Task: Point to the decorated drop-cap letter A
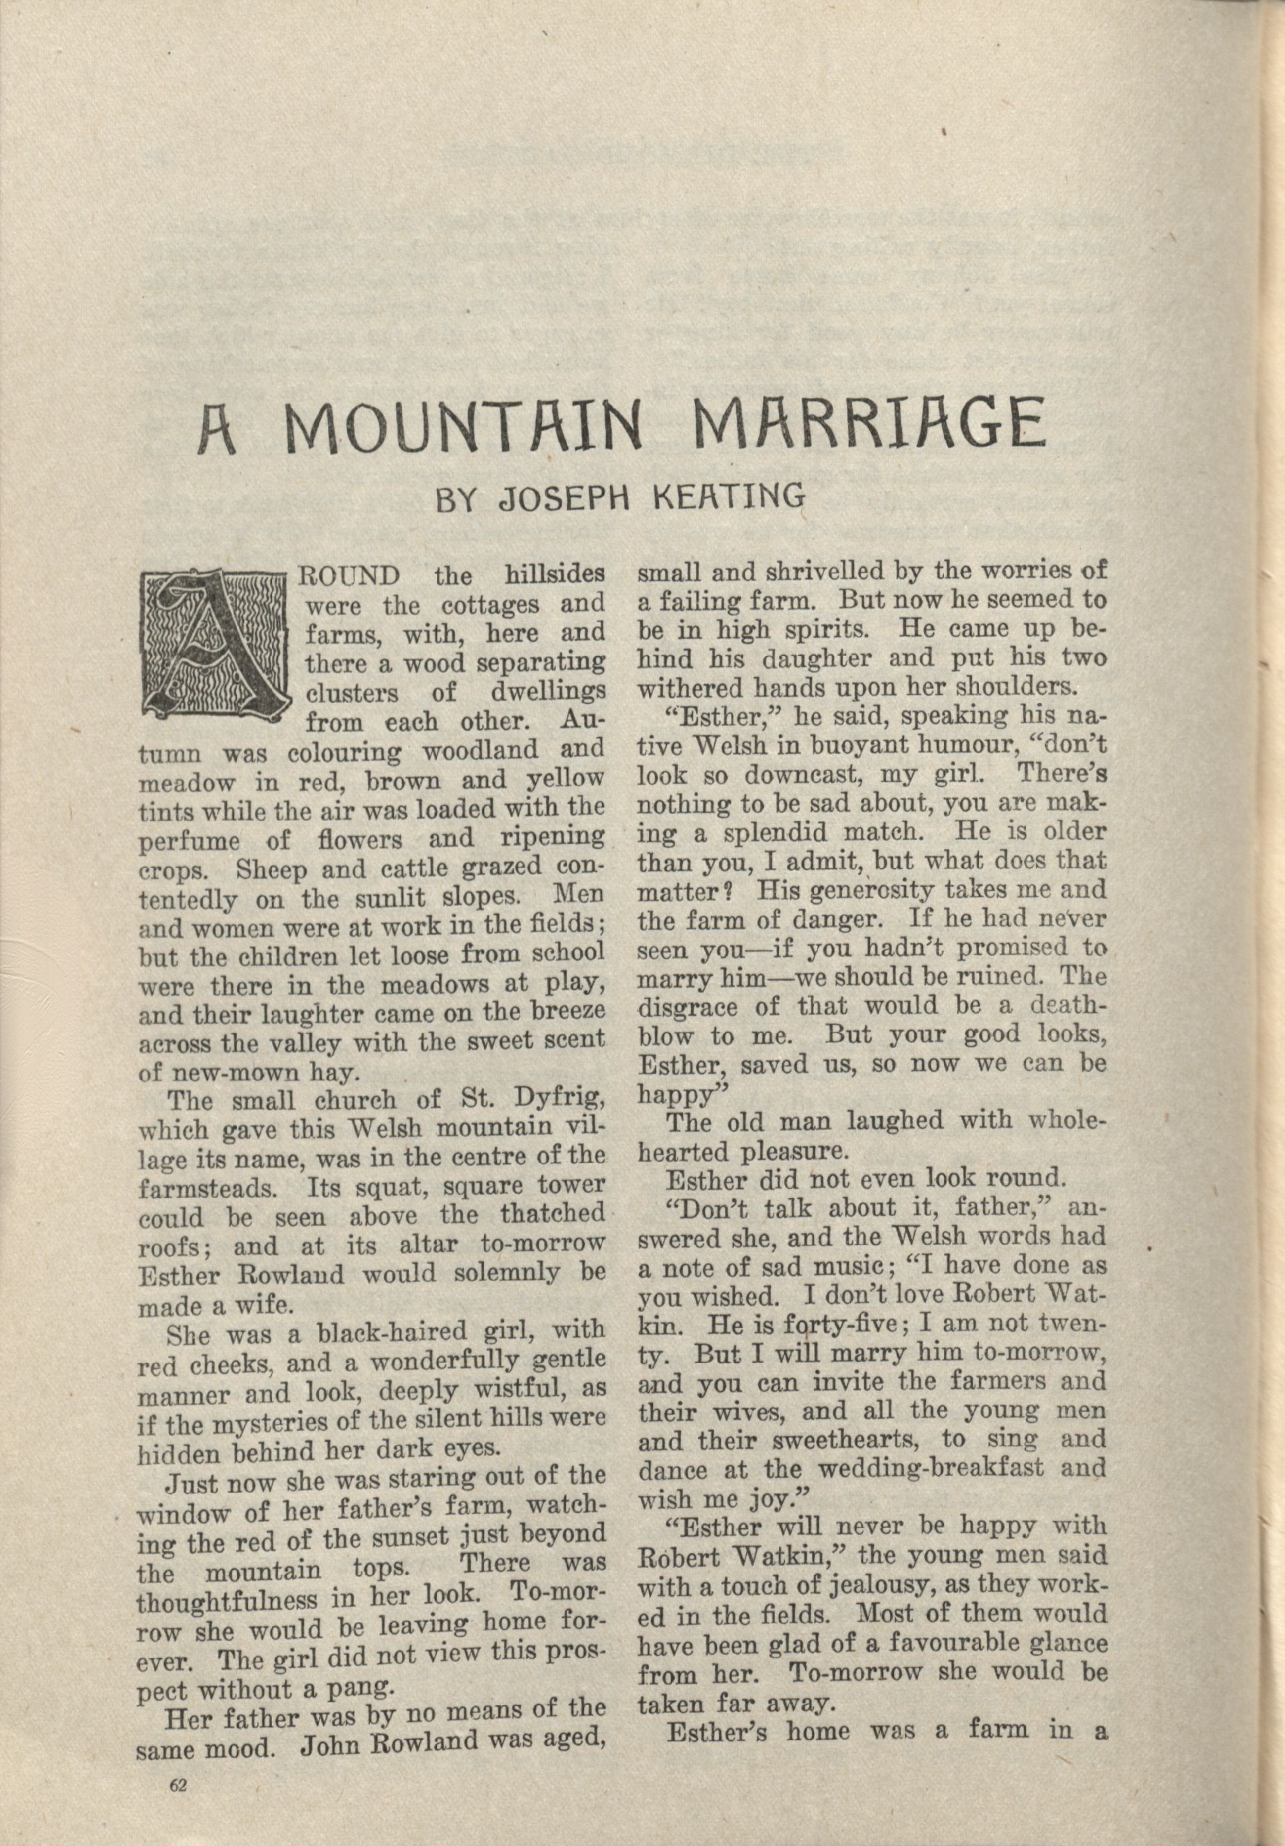point(213,644)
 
